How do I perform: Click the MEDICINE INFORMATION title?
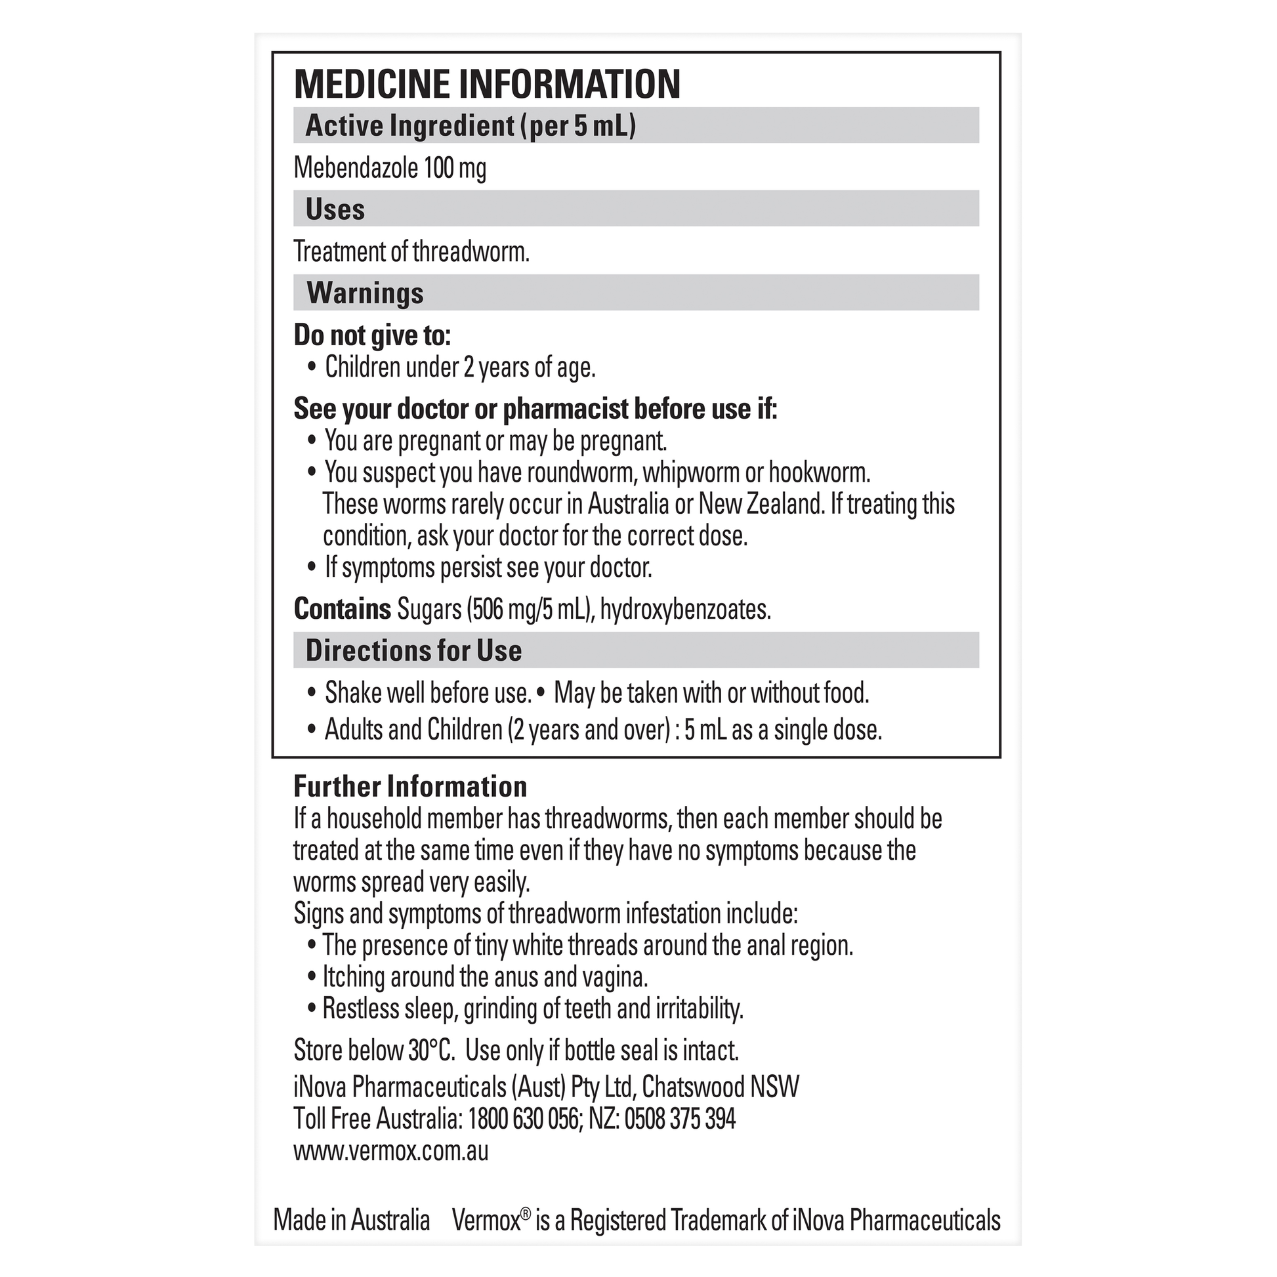point(486,84)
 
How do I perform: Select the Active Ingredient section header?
point(470,125)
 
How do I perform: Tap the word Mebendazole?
point(356,168)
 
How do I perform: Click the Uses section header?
point(335,209)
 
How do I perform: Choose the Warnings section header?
point(365,293)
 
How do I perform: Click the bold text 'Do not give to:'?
point(371,336)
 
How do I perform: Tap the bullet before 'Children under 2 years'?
point(312,367)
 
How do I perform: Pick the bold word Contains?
point(343,609)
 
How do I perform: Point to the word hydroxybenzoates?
point(685,609)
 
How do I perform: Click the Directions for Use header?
point(414,650)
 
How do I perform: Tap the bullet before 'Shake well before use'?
point(312,694)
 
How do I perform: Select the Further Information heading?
point(409,787)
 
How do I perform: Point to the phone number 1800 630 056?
point(523,1119)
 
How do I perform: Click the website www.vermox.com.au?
point(390,1151)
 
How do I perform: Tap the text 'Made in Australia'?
point(352,1220)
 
